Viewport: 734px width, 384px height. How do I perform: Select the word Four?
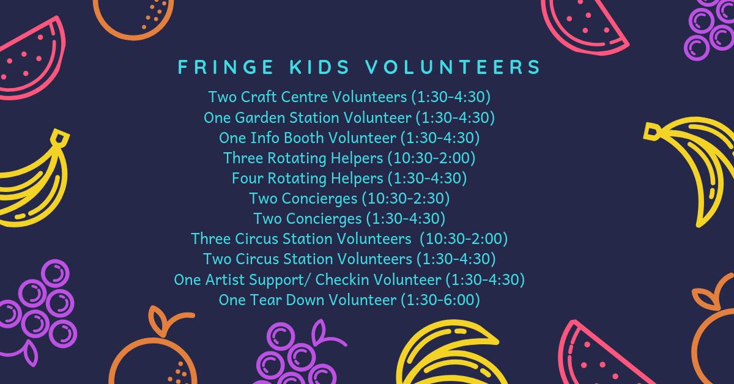tap(246, 178)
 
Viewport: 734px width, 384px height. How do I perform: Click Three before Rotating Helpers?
tap(243, 158)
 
